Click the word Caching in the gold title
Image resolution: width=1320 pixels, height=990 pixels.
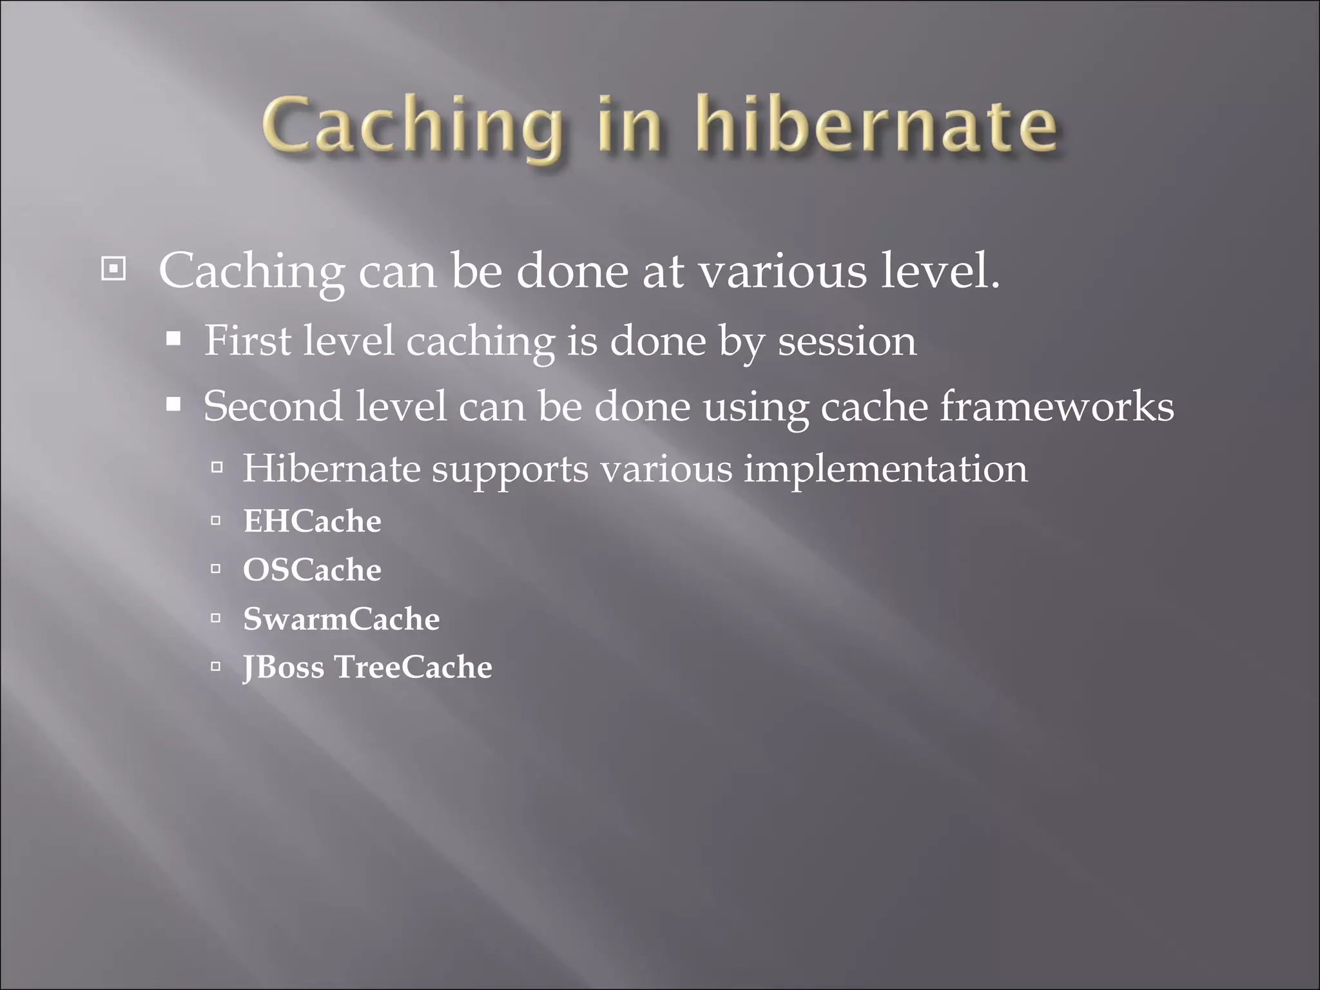click(x=412, y=126)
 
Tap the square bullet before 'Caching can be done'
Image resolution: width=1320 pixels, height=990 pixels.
click(x=113, y=269)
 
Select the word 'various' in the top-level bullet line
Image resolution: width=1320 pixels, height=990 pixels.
click(x=783, y=271)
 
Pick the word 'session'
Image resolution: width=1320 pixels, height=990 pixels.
click(x=847, y=342)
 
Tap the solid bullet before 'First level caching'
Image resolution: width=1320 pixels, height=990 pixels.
click(x=173, y=339)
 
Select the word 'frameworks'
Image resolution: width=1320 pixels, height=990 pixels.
click(x=1057, y=406)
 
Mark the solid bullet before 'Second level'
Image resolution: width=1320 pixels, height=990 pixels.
click(x=173, y=405)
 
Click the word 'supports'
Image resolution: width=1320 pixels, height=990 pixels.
click(x=510, y=469)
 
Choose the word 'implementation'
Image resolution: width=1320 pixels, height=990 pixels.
click(x=886, y=469)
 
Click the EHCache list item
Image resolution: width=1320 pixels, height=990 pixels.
click(x=312, y=521)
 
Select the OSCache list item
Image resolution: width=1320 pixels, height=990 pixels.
click(x=312, y=570)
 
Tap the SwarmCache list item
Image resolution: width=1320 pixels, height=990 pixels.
click(x=342, y=619)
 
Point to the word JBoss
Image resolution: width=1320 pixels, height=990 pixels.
click(x=284, y=667)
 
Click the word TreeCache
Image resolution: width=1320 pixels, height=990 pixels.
click(x=413, y=667)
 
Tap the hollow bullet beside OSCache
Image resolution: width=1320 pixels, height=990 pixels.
click(x=216, y=569)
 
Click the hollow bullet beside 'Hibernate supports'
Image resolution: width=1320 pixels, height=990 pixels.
click(x=217, y=467)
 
